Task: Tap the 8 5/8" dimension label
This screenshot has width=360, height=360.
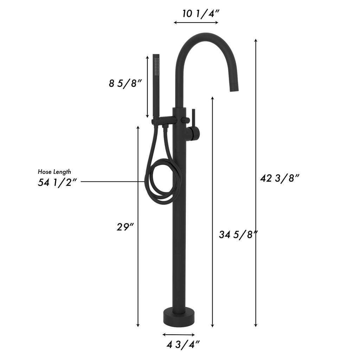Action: click(125, 83)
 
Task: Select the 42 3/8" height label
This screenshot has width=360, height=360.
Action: click(279, 178)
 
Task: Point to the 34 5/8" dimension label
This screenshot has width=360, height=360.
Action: click(238, 235)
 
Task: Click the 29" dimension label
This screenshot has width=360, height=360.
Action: click(125, 227)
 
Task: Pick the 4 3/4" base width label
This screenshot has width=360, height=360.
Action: click(183, 345)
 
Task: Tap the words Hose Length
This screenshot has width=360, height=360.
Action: click(54, 172)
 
